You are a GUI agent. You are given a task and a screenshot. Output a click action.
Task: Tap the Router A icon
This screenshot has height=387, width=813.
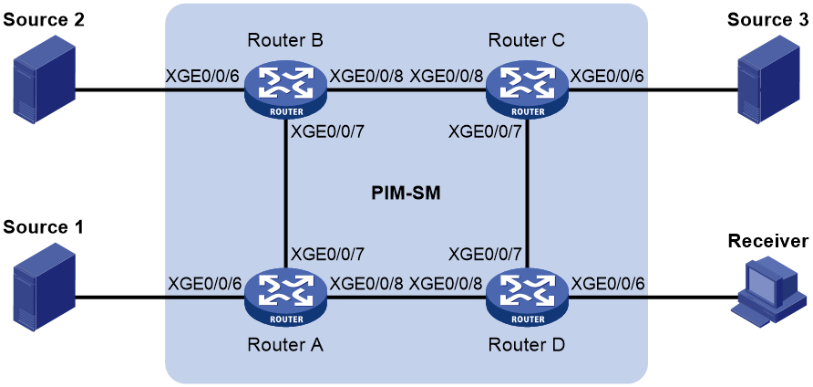(x=285, y=298)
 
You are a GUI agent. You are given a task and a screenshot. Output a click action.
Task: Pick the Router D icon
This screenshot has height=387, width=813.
(x=528, y=298)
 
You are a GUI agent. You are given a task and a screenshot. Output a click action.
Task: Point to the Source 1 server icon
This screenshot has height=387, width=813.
(x=45, y=289)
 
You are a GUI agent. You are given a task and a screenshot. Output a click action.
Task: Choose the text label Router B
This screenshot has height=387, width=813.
(x=286, y=40)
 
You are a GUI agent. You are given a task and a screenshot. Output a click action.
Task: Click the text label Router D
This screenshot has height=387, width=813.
(x=528, y=344)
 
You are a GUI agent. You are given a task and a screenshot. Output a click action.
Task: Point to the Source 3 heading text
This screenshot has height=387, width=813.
(x=768, y=20)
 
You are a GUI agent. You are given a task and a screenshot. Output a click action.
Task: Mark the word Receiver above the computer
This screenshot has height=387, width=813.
(x=768, y=241)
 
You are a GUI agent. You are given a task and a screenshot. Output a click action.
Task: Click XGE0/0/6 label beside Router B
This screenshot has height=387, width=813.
(x=203, y=77)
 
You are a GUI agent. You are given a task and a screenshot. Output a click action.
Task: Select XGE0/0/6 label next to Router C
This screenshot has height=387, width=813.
(x=608, y=77)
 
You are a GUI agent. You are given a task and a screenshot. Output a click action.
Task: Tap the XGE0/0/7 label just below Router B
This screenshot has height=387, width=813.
(x=329, y=132)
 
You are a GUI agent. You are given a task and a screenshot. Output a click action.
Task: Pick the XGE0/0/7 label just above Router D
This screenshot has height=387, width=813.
(x=487, y=254)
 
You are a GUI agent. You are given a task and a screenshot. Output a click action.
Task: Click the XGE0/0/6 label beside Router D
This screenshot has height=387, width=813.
(x=608, y=283)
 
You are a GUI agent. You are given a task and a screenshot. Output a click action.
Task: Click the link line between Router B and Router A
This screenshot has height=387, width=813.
(x=285, y=195)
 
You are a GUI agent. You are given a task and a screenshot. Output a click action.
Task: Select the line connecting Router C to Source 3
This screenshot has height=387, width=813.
(x=653, y=91)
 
